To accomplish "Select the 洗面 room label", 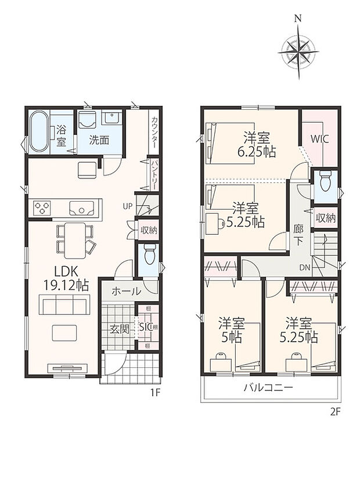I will coord(99,139).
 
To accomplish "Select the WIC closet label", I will coord(320,139).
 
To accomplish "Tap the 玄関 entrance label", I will coord(119,329).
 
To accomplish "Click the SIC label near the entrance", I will coord(146,328).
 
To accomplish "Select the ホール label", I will coord(125,291).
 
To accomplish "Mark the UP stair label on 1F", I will coord(127,206).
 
